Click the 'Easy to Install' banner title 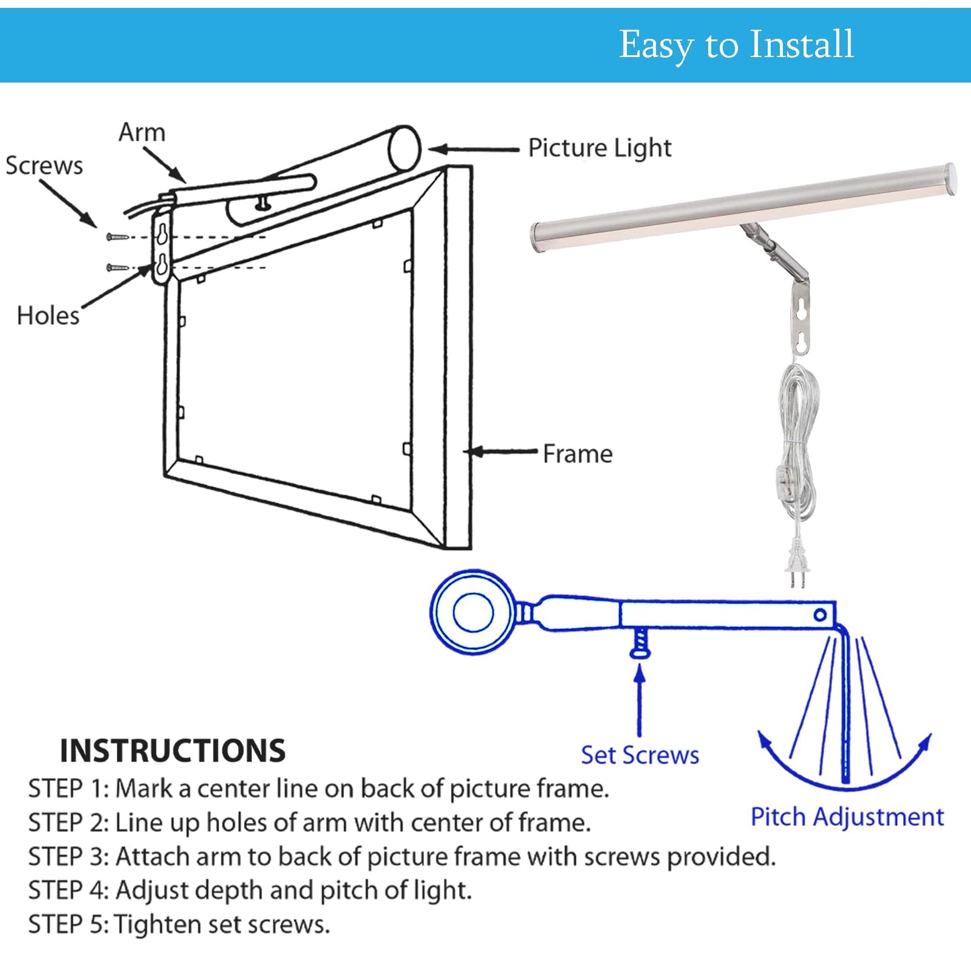(736, 45)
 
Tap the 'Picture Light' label (599, 149)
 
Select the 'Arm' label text (142, 132)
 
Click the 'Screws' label (44, 166)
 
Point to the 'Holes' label (48, 316)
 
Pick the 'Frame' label (577, 454)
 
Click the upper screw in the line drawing (117, 237)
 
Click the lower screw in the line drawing (117, 268)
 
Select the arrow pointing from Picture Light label (474, 149)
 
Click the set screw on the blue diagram (640, 644)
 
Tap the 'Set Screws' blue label (640, 755)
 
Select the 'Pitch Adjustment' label (847, 817)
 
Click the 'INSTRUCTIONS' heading (173, 751)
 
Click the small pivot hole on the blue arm (820, 615)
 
